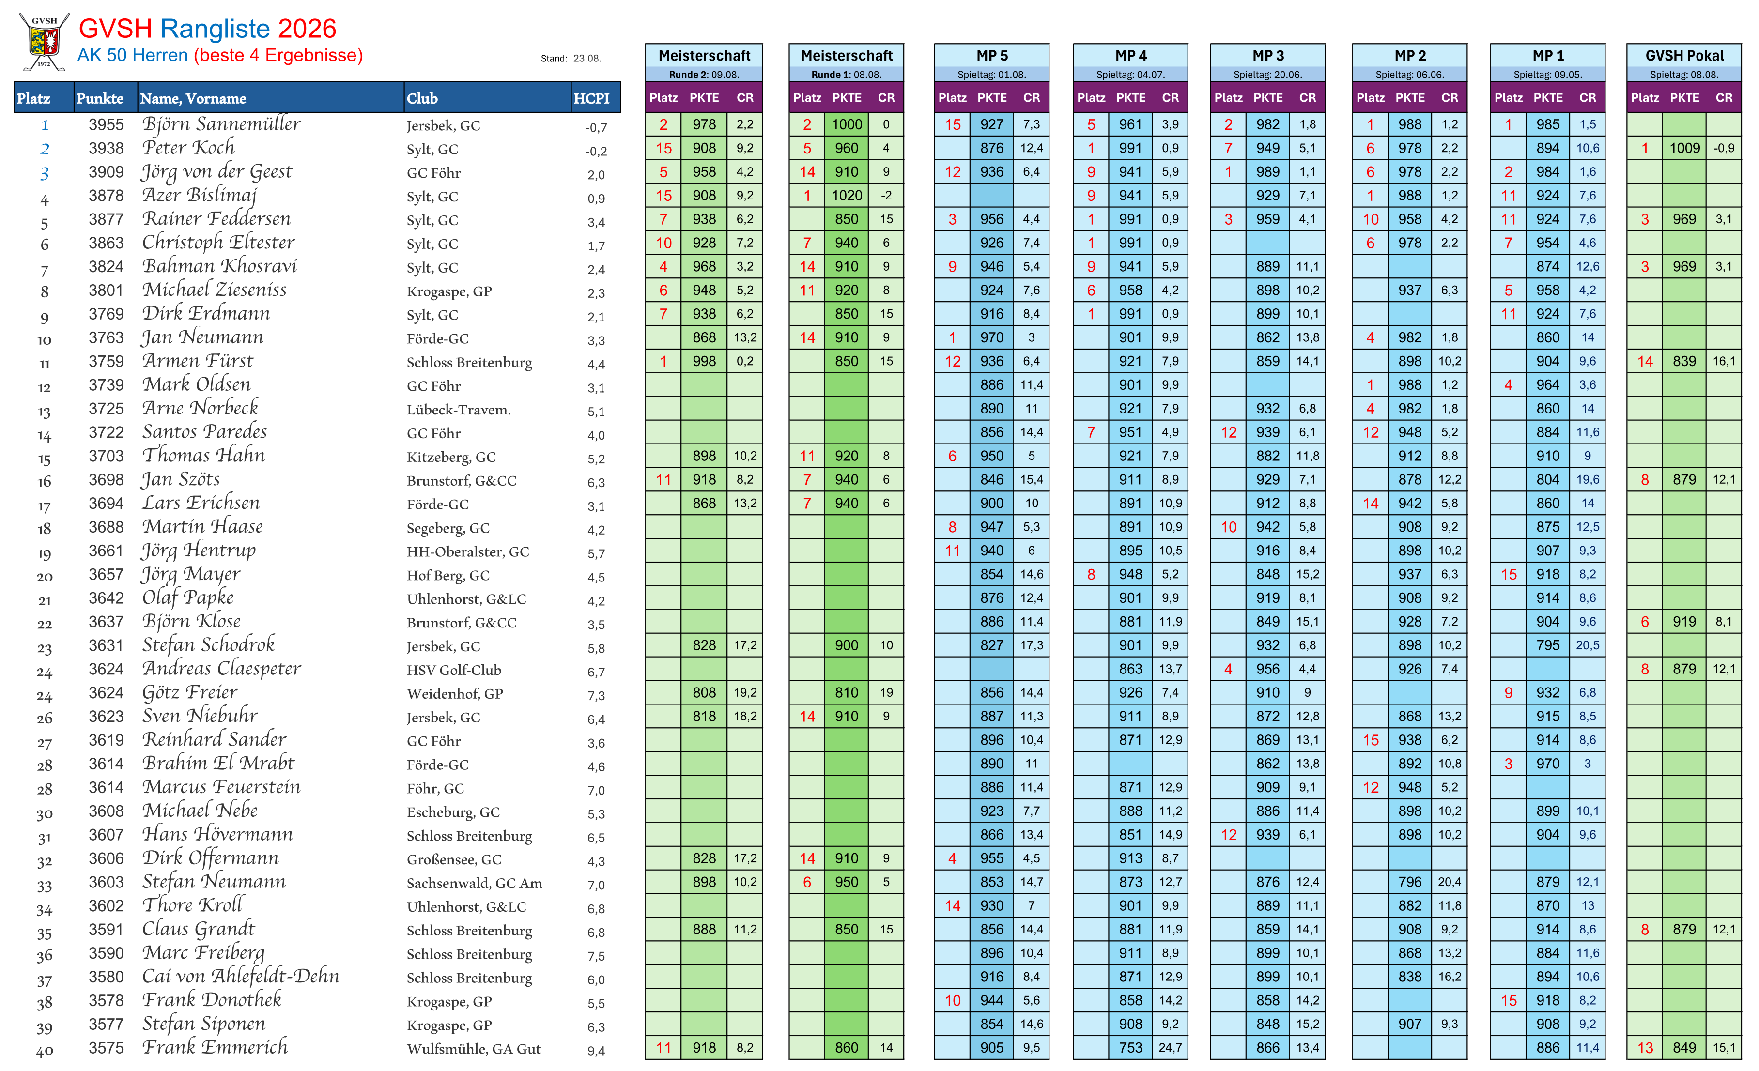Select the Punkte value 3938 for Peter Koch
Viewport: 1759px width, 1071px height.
pyautogui.click(x=107, y=149)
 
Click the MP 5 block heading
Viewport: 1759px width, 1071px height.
pyautogui.click(x=991, y=56)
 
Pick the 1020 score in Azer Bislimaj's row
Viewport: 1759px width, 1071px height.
pyautogui.click(x=847, y=196)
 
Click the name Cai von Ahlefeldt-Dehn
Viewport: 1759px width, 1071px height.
pyautogui.click(x=241, y=976)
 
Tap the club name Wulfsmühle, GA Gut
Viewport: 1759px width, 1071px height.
pyautogui.click(x=473, y=1049)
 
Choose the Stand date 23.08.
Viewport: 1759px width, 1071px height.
pyautogui.click(x=587, y=59)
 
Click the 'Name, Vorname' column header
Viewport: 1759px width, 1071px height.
pyautogui.click(x=193, y=98)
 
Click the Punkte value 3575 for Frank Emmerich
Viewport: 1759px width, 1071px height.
pyautogui.click(x=107, y=1048)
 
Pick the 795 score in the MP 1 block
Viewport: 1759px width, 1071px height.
pyautogui.click(x=1548, y=646)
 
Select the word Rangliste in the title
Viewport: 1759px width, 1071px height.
pyautogui.click(x=215, y=29)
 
